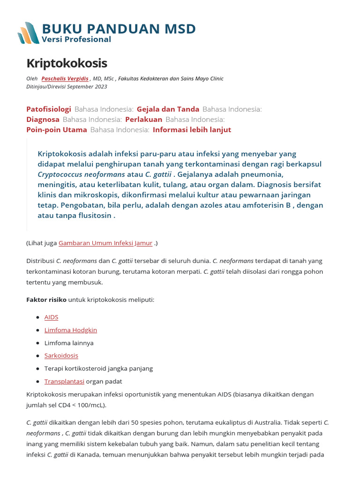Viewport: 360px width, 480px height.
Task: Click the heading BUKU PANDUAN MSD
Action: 119,29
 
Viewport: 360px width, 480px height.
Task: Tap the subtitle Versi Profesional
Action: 76,39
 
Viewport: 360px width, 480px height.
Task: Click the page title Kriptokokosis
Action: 67,63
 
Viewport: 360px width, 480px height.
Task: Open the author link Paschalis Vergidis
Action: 65,78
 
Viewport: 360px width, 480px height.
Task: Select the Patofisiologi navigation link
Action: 49,109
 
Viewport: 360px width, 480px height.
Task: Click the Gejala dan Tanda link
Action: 168,109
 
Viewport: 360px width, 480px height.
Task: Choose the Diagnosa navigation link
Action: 43,120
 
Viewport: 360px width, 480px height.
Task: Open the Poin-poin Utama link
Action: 57,130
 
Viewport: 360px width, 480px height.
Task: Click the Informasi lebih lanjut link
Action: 192,130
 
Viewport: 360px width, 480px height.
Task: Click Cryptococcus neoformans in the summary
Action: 81,174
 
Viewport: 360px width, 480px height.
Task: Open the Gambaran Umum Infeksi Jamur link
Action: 105,243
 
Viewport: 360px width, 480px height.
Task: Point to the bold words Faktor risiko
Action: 46,299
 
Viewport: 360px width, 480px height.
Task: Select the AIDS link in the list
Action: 51,317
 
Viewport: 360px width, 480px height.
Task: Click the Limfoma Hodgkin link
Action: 70,330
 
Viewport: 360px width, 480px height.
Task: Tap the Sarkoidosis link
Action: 61,356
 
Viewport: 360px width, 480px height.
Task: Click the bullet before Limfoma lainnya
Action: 37,343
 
